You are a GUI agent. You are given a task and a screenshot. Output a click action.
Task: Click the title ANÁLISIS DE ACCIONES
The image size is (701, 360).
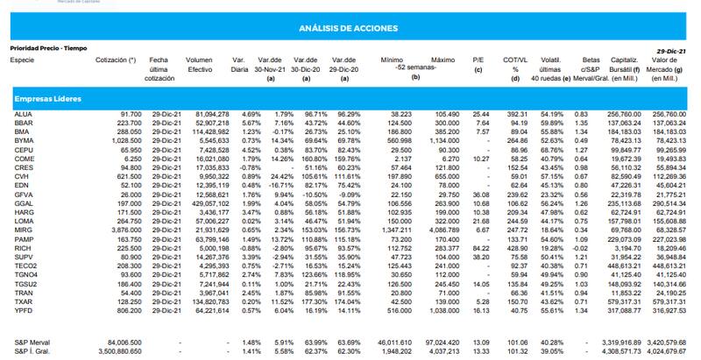pyautogui.click(x=350, y=29)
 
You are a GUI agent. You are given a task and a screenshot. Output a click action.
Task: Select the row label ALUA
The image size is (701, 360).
pyautogui.click(x=23, y=115)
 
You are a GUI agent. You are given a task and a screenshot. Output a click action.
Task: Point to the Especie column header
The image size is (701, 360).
pyautogui.click(x=23, y=60)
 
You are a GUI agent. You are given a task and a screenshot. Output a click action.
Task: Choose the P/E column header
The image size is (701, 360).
pyautogui.click(x=478, y=60)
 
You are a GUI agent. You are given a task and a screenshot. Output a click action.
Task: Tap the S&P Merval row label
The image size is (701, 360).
pyautogui.click(x=32, y=341)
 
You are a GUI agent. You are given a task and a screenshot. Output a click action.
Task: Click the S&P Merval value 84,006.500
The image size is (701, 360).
pyautogui.click(x=122, y=341)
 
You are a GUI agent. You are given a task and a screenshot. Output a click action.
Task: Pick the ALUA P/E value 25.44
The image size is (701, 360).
pyautogui.click(x=480, y=115)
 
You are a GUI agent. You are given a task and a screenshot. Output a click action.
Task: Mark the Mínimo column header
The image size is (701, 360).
pyautogui.click(x=392, y=60)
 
